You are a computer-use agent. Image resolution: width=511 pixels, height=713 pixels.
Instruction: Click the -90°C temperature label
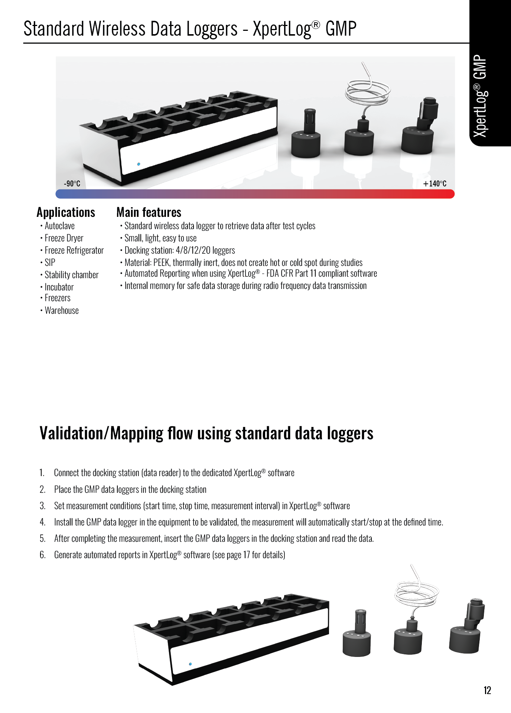[72, 183]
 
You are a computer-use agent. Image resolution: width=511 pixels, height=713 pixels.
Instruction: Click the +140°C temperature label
[435, 183]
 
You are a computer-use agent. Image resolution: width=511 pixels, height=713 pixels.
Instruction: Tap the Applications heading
[66, 212]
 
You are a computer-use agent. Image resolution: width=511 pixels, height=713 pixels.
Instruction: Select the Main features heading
[149, 212]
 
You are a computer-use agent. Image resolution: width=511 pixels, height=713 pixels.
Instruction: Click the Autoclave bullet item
[59, 226]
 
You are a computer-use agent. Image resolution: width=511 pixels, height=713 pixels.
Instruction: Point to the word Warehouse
[62, 310]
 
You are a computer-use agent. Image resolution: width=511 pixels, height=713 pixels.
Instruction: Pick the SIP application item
[50, 263]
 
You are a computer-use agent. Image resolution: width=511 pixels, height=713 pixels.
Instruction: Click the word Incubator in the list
[59, 287]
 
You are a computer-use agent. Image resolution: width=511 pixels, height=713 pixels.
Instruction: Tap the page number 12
[487, 690]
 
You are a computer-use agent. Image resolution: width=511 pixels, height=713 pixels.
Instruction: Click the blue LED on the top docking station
[139, 164]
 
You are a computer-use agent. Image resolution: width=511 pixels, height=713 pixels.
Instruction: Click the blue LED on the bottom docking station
[191, 664]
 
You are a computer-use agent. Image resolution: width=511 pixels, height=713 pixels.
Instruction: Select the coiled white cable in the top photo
[368, 91]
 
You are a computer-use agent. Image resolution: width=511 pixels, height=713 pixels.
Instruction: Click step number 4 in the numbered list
[42, 522]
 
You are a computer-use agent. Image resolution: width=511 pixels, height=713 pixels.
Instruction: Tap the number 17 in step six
[246, 555]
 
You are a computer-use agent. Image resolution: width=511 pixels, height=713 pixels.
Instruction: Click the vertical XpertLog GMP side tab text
[481, 96]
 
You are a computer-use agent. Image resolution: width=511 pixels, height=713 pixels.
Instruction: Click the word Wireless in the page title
[117, 29]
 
